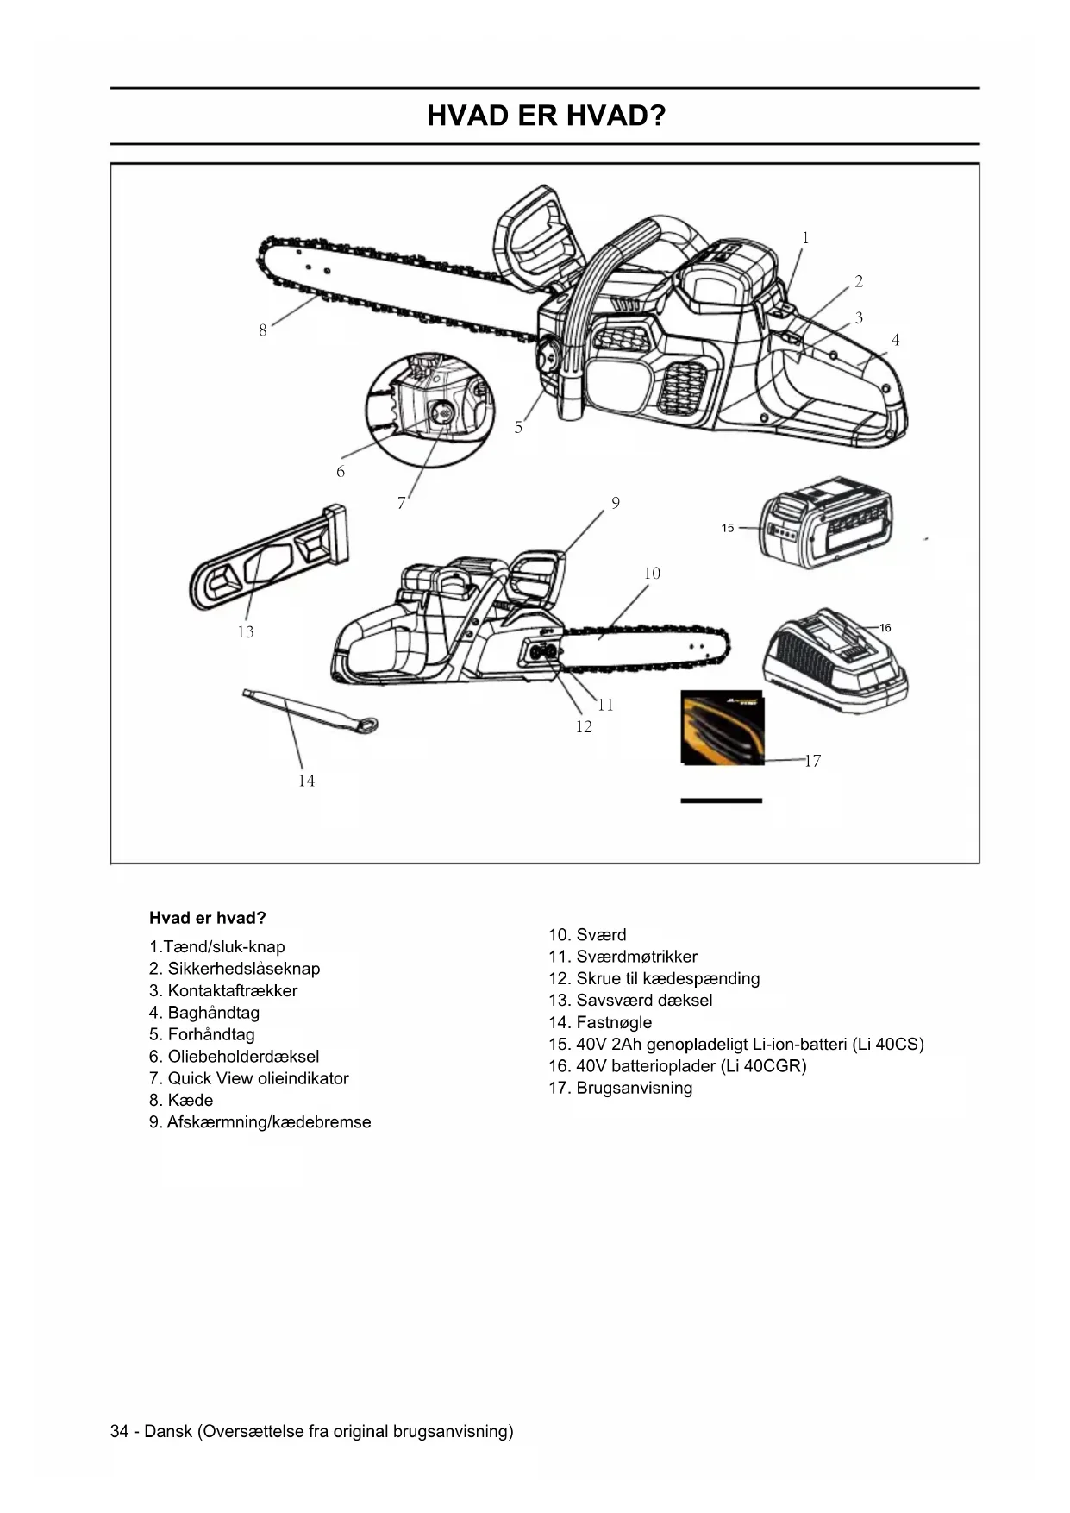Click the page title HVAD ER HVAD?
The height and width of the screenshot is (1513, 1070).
(x=546, y=116)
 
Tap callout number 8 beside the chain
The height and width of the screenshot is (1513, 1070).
(x=263, y=330)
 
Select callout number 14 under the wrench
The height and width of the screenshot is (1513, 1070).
(x=306, y=781)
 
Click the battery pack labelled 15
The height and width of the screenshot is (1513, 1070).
(x=825, y=523)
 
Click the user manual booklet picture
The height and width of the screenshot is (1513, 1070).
(x=722, y=727)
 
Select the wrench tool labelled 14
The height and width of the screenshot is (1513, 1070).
(x=310, y=711)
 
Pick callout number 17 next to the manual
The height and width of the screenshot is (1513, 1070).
(x=812, y=761)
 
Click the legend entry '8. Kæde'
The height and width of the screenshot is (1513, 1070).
(x=181, y=1100)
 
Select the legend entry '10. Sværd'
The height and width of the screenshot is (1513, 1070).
(x=587, y=935)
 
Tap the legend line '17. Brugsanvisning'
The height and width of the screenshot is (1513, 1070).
(x=620, y=1088)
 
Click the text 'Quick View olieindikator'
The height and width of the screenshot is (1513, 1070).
(x=258, y=1078)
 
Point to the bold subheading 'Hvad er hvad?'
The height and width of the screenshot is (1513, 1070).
(x=208, y=918)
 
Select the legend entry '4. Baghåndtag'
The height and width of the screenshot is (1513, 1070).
(x=204, y=1013)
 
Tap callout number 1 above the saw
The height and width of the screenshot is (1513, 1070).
(x=805, y=238)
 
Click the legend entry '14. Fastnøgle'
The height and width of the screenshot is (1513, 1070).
(x=600, y=1022)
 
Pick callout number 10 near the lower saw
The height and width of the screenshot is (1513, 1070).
(x=652, y=574)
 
